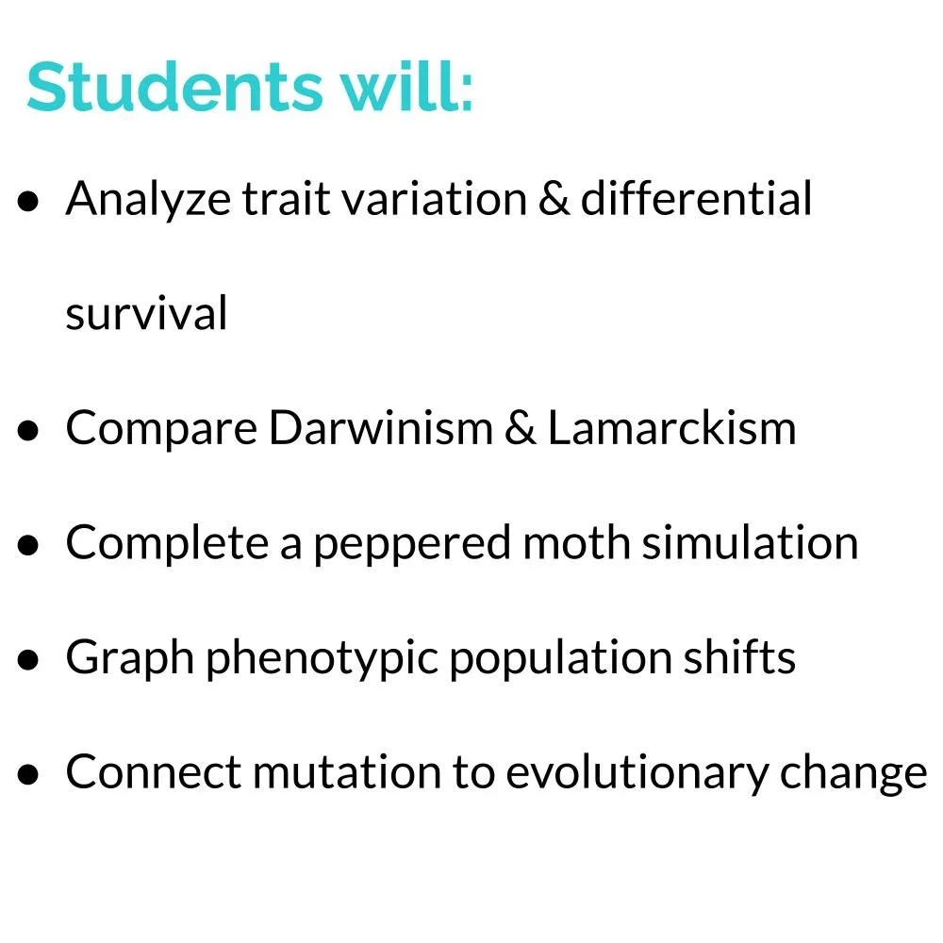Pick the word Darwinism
(x=380, y=428)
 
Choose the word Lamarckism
(x=671, y=428)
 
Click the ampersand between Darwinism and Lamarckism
(x=521, y=428)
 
